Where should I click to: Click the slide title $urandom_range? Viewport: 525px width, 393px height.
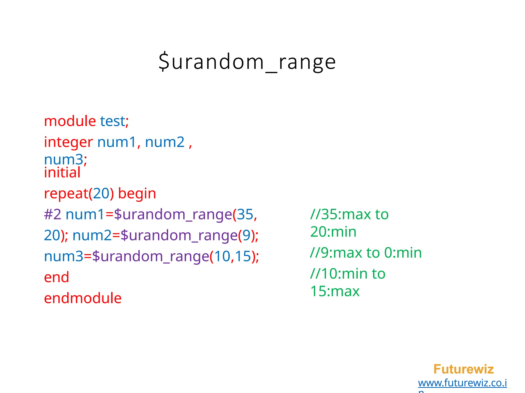[247, 62]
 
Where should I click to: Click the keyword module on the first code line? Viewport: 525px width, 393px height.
[70, 121]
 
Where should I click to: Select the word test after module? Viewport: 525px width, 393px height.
[112, 121]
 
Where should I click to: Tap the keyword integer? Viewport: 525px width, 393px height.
[68, 142]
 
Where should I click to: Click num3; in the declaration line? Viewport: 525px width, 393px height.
[65, 160]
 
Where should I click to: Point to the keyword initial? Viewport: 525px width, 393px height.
[62, 172]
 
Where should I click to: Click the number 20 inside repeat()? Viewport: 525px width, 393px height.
[101, 193]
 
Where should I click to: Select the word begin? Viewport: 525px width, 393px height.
[137, 193]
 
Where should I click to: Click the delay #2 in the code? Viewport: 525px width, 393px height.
[53, 214]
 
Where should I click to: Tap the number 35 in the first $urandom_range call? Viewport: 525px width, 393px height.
[245, 214]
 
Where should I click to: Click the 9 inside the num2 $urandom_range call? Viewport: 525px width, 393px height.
[246, 235]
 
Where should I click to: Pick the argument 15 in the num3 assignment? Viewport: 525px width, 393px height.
[243, 256]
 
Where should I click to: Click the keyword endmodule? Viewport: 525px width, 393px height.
[83, 298]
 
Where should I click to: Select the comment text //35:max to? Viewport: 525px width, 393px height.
[349, 214]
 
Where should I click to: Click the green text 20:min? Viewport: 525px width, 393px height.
[333, 232]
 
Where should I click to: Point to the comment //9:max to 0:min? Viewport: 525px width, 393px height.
[366, 253]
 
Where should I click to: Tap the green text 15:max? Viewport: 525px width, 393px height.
[335, 291]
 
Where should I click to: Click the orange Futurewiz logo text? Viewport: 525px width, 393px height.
[463, 369]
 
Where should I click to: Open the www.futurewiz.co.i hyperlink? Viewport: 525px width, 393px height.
[462, 383]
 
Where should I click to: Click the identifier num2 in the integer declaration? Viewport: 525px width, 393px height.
[165, 142]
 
